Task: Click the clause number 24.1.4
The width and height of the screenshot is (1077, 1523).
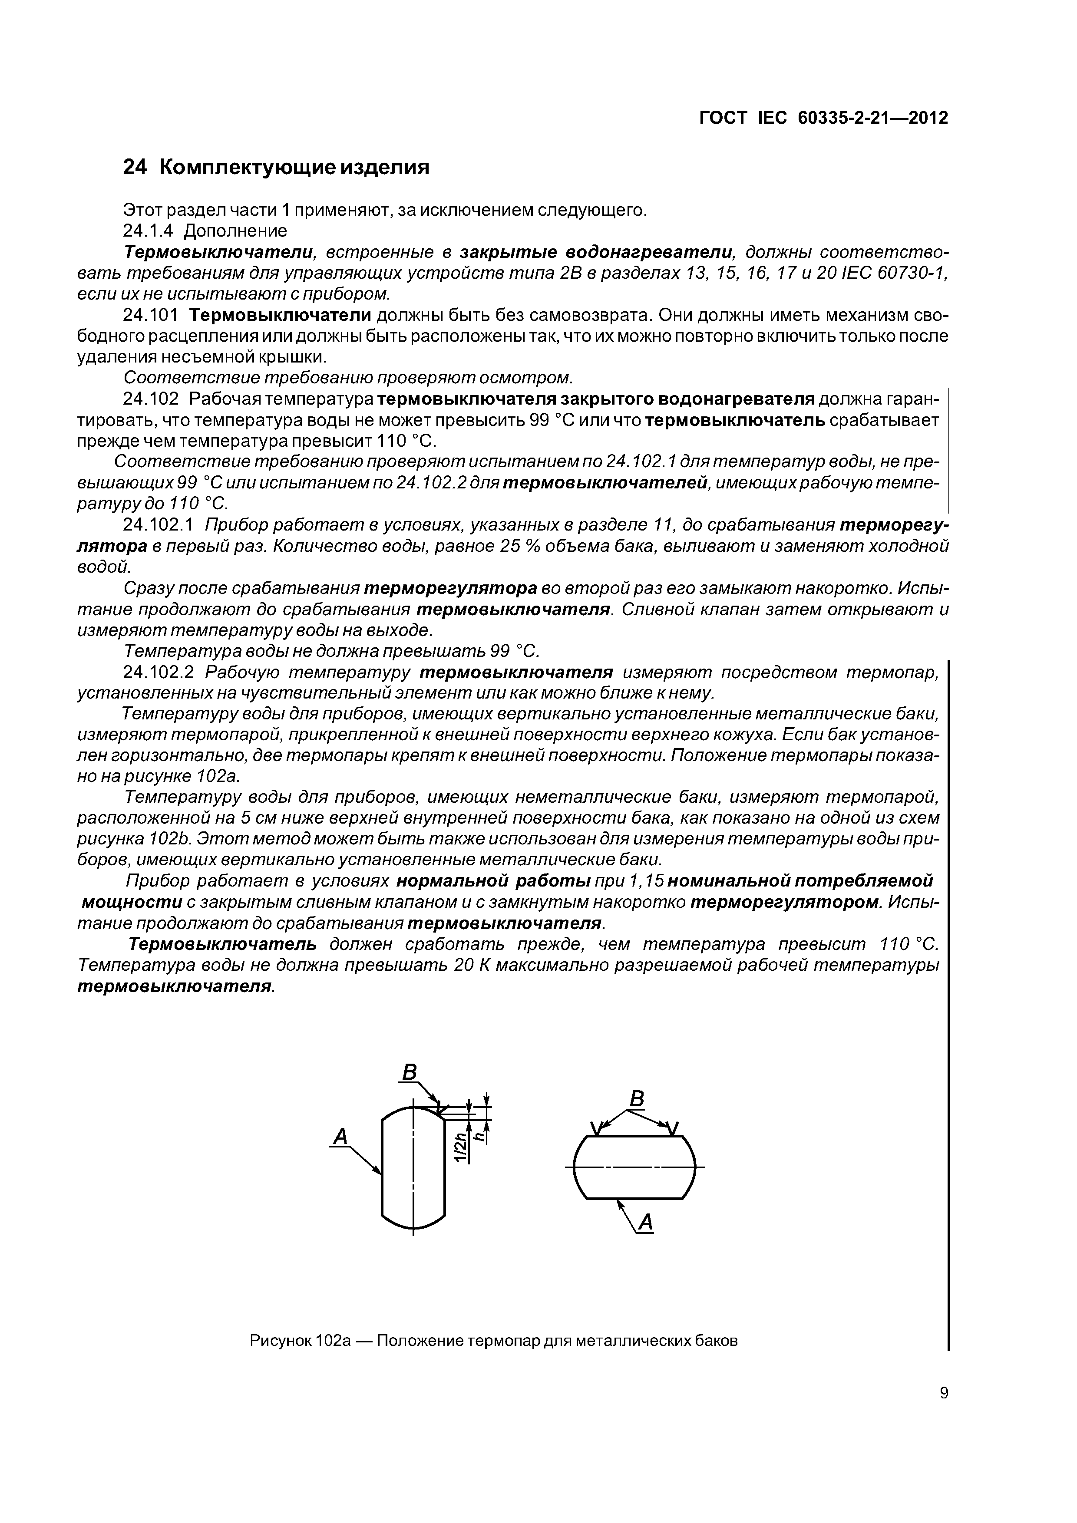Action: click(x=148, y=231)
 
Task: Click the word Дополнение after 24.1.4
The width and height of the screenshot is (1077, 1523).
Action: click(x=235, y=231)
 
